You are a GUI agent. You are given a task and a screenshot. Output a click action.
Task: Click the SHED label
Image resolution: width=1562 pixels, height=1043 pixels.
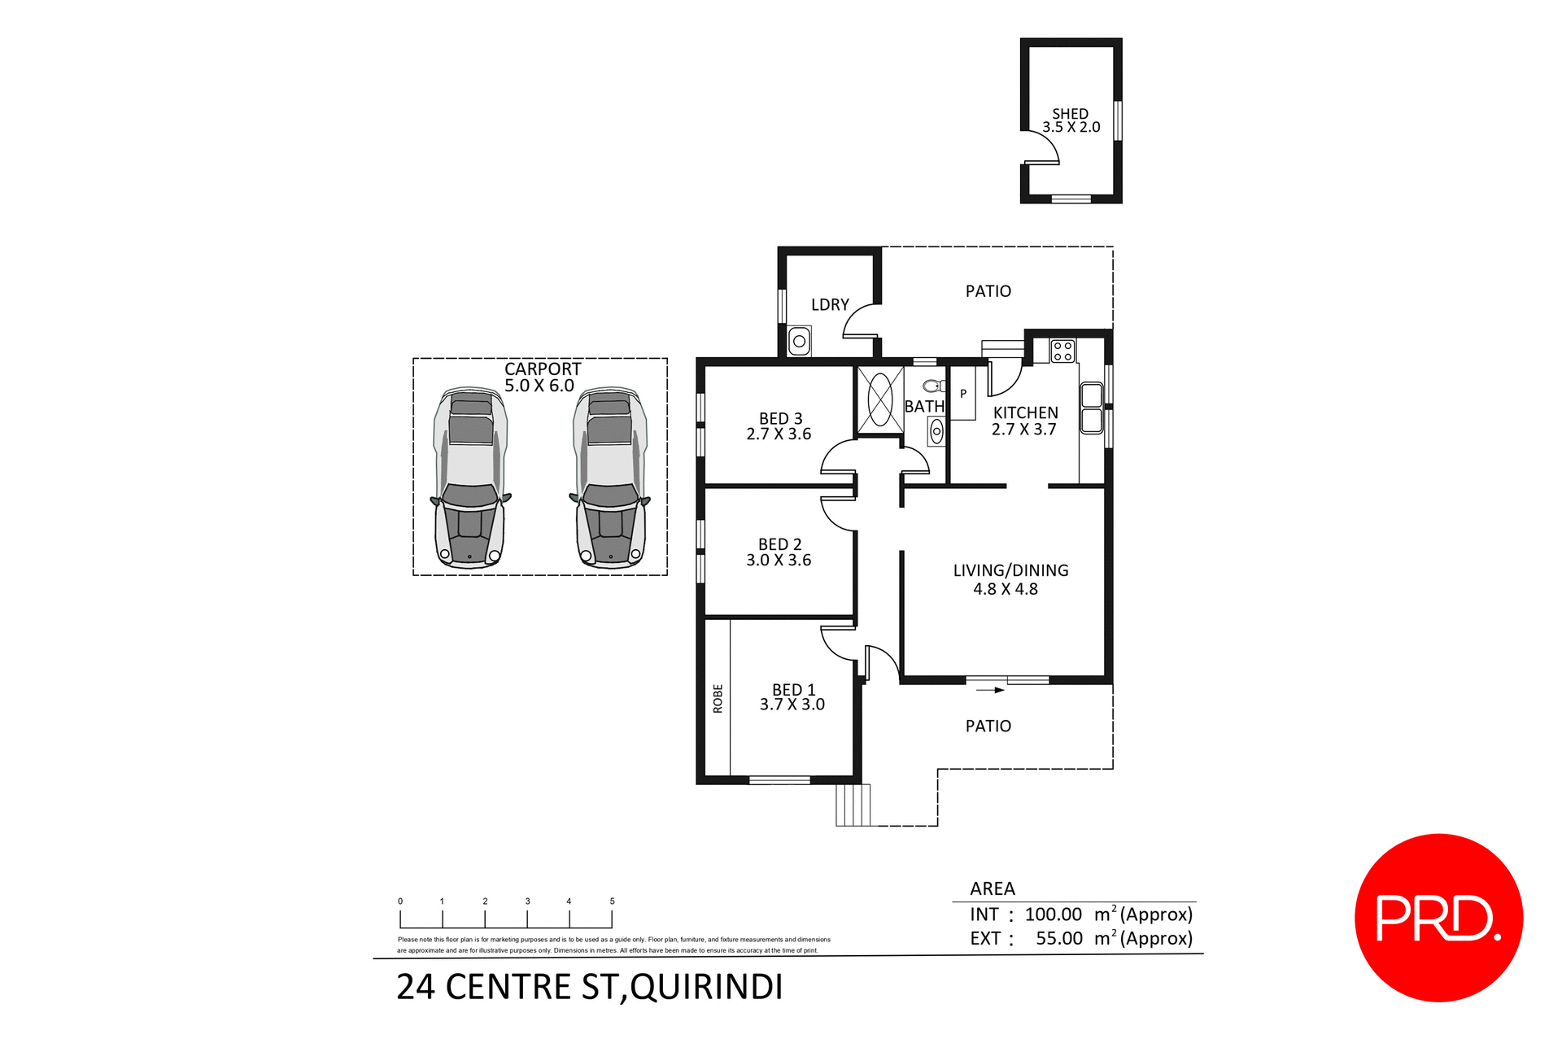pos(1070,114)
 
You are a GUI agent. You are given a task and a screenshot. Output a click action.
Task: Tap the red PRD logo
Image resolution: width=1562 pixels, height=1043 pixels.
pos(1438,917)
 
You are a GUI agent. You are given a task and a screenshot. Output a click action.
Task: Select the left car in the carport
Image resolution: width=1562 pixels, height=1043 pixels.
pos(469,478)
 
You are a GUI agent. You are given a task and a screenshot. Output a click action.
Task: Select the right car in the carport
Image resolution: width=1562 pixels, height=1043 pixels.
pos(610,478)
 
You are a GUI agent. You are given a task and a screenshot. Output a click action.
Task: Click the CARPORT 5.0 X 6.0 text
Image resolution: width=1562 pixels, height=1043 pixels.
pos(542,377)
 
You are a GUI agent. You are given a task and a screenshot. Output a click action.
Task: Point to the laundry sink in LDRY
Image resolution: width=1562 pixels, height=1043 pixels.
pos(799,341)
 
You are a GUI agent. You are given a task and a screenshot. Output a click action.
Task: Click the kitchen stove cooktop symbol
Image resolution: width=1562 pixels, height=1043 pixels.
pos(1062,351)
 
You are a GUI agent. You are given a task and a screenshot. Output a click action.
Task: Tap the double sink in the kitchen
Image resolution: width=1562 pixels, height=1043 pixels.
pos(1091,408)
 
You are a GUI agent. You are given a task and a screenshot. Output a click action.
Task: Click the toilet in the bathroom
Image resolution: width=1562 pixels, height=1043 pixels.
pos(934,386)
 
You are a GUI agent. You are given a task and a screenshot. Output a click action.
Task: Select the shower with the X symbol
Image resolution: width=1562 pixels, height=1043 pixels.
pos(879,399)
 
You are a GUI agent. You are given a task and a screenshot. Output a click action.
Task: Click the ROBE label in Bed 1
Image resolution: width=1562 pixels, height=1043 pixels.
pos(718,698)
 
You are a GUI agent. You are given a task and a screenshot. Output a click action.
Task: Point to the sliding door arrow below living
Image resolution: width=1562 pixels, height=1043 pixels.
pos(990,690)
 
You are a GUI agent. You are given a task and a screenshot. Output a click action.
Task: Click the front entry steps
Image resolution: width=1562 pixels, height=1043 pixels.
pos(853,805)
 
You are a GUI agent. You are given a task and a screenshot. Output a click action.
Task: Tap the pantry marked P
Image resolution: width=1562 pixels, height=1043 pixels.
pos(963,395)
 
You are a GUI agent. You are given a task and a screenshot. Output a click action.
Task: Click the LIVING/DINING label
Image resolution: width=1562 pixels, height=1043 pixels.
pos(1010,570)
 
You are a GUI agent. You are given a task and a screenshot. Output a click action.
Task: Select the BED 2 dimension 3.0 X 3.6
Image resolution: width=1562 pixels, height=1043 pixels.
pos(779,560)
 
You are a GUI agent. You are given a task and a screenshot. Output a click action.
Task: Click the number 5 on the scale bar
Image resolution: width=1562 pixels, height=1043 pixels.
pos(612,901)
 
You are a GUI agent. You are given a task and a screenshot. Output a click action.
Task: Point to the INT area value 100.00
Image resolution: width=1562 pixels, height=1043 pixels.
pos(1053,914)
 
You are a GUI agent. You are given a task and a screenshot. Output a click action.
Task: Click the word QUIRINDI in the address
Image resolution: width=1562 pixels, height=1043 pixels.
pos(706,987)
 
